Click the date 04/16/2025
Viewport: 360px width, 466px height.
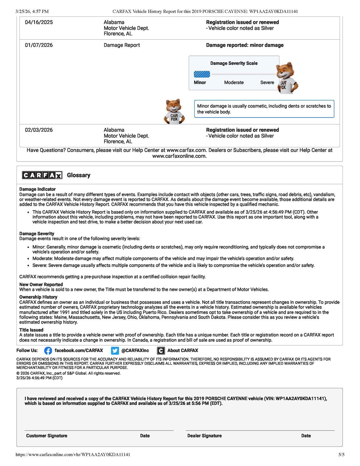pyautogui.click(x=39, y=22)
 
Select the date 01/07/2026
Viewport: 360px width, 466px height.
pyautogui.click(x=39, y=45)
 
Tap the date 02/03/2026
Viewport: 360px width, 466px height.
pyautogui.click(x=39, y=130)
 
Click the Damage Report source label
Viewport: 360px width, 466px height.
pyautogui.click(x=122, y=45)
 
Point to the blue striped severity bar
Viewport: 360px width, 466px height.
pyautogui.click(x=202, y=74)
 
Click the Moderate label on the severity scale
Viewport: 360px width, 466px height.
pyautogui.click(x=234, y=83)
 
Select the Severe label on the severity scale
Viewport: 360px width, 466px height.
pyautogui.click(x=267, y=83)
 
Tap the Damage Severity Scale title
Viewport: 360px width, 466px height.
pyautogui.click(x=234, y=63)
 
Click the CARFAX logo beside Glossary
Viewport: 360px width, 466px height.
pyautogui.click(x=42, y=175)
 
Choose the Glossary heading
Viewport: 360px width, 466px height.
pyautogui.click(x=79, y=175)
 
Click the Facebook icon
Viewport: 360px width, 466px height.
pyautogui.click(x=48, y=351)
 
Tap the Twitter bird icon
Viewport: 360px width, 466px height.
pyautogui.click(x=115, y=351)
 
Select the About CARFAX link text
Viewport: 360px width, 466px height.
pyautogui.click(x=182, y=350)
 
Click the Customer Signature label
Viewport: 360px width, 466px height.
pyautogui.click(x=47, y=436)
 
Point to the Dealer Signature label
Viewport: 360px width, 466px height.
pyautogui.click(x=204, y=436)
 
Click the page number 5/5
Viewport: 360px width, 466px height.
pyautogui.click(x=341, y=455)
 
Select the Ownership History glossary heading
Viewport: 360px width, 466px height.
pyautogui.click(x=38, y=297)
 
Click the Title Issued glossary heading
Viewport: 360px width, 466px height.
pyautogui.click(x=31, y=330)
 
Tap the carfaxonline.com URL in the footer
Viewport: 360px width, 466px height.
pyautogui.click(x=73, y=455)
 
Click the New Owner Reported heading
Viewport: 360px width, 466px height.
pyautogui.click(x=41, y=284)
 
